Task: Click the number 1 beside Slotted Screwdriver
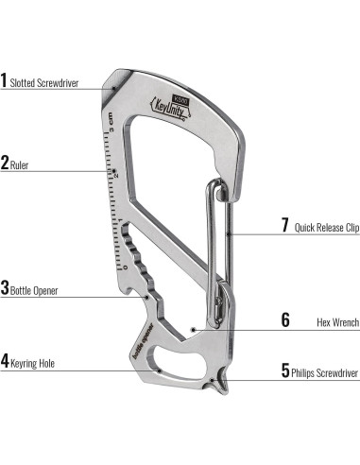[4, 80]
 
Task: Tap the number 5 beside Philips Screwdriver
[284, 372]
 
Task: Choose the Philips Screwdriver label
[325, 373]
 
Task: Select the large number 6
[284, 319]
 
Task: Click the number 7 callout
[284, 226]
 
